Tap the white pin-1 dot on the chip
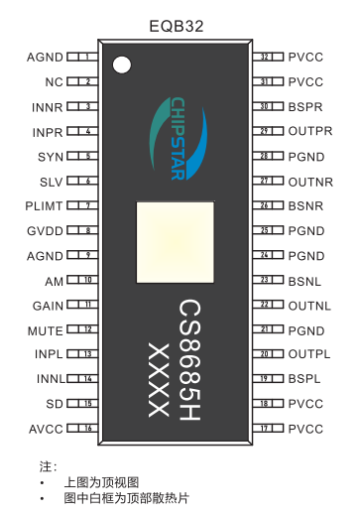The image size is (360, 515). click(122, 66)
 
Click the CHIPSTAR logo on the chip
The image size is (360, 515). click(178, 139)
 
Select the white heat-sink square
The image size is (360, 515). click(177, 240)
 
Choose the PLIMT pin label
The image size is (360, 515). click(46, 205)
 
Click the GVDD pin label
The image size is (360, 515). click(48, 230)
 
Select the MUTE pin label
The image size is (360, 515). click(47, 329)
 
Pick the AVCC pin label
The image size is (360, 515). click(47, 429)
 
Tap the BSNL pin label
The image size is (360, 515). click(304, 280)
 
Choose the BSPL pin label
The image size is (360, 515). click(304, 379)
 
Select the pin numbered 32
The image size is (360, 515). click(266, 57)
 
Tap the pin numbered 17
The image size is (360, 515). click(266, 429)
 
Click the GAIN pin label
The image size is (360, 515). click(49, 305)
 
